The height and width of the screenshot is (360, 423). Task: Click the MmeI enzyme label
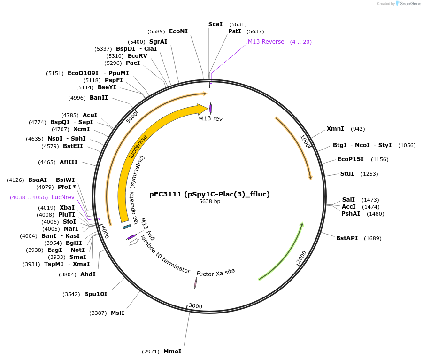(172, 352)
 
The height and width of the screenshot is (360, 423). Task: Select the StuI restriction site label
(347, 174)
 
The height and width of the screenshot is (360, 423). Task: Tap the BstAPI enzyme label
(346, 238)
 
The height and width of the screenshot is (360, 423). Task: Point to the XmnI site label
(335, 129)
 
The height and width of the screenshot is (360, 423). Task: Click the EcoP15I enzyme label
(351, 159)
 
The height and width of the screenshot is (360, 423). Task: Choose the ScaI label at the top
(215, 24)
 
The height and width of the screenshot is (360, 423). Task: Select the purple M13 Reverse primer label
(266, 42)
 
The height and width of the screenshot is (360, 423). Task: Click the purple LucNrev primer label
(63, 197)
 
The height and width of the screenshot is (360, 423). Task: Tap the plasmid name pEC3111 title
(209, 194)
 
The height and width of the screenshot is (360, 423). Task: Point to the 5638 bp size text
(209, 201)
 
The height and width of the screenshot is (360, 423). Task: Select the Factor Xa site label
(215, 273)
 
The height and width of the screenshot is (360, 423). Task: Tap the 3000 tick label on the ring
(195, 306)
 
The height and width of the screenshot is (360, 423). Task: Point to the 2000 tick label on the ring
(301, 257)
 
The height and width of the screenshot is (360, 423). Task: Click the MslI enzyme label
(117, 313)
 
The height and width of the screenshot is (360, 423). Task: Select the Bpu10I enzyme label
(95, 294)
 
